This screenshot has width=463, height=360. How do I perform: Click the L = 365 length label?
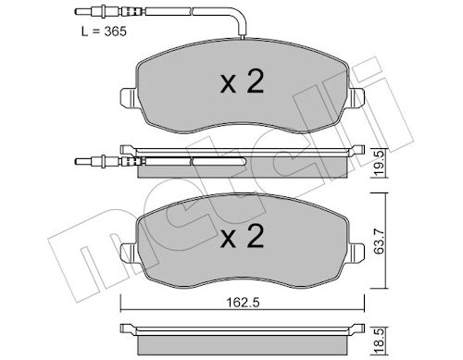104,31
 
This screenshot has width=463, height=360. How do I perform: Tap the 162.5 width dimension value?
243,303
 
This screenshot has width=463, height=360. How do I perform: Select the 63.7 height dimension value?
379,242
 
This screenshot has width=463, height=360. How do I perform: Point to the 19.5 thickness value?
379,163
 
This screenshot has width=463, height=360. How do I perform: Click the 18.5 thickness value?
379,341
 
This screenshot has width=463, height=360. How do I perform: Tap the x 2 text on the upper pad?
242,81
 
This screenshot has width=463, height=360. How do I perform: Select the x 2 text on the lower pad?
242,236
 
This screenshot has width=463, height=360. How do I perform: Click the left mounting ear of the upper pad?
128,98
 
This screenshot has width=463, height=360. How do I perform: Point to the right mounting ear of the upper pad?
357,98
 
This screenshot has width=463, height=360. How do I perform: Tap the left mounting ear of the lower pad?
128,253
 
